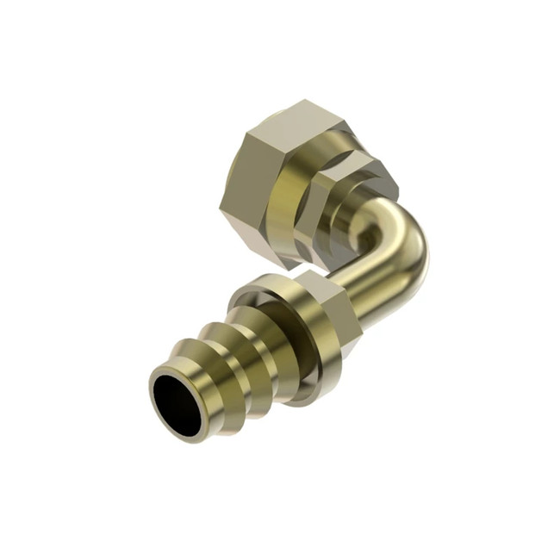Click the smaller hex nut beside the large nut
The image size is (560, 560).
click(x=345, y=207)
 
